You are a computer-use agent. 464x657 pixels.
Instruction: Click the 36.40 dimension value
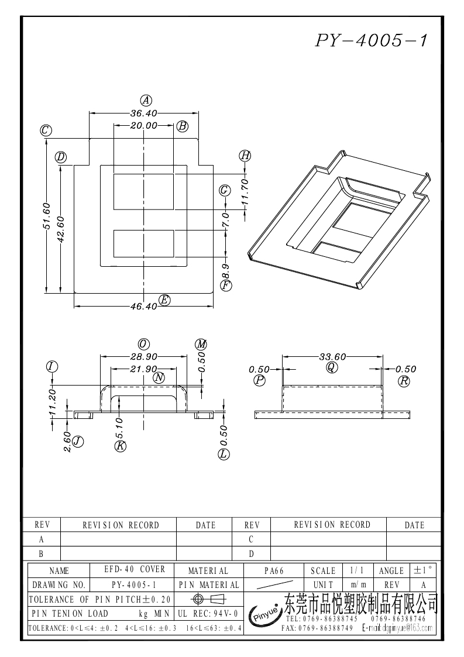pos(144,113)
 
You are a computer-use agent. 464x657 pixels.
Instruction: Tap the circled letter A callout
pos(146,101)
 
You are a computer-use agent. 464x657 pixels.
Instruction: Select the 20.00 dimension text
pos(144,125)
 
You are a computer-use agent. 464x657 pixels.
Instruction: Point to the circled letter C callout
pos(46,130)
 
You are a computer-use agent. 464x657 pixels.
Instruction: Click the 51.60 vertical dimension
pos(46,216)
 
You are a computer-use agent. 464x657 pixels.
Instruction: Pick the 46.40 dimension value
pos(143,307)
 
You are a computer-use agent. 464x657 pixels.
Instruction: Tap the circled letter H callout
pos(245,156)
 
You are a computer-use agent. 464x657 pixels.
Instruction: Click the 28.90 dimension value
pos(144,356)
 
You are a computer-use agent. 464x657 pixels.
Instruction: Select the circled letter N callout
pos(159,378)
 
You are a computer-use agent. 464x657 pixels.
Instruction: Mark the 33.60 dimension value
pos(332,356)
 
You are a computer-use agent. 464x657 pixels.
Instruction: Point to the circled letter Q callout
pos(332,367)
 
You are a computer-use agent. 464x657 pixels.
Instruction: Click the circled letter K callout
pos(121,446)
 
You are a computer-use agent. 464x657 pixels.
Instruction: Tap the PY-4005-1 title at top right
pos(371,40)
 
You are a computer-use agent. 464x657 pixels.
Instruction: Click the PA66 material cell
pos(274,570)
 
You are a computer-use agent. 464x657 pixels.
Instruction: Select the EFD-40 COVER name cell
pos(135,569)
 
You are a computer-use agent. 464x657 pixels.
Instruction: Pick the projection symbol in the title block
pos(209,598)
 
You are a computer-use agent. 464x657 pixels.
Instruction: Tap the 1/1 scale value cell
pos(357,570)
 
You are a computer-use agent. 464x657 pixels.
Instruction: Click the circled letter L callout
pos(224,454)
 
